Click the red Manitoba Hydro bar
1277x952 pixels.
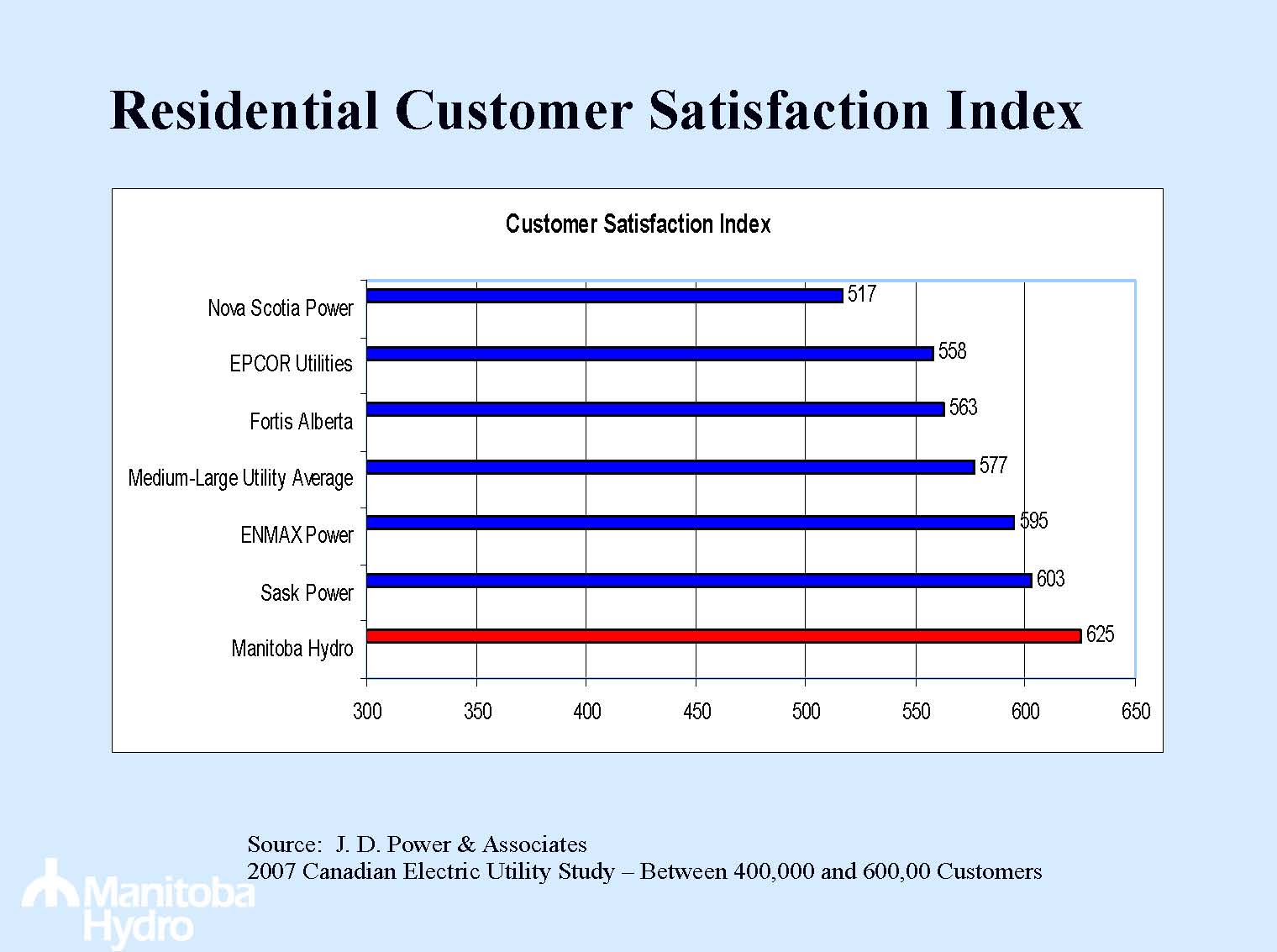[723, 636]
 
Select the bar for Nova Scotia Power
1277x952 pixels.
[604, 296]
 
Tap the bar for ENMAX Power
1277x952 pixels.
[690, 523]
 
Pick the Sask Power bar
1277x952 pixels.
[698, 581]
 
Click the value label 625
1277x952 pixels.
[1100, 634]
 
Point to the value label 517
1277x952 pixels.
[861, 294]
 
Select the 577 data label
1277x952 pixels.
[993, 465]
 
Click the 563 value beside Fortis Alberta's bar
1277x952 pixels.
[963, 408]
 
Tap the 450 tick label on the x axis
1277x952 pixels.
[696, 712]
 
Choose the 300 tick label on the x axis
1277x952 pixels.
[367, 712]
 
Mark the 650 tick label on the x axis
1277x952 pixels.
[1135, 712]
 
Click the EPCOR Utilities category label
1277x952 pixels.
[291, 364]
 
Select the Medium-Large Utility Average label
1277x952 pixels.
[240, 478]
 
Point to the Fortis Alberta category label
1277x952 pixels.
[301, 421]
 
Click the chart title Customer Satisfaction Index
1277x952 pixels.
[638, 224]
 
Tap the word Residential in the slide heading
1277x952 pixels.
[244, 110]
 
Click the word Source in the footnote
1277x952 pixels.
[283, 844]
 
